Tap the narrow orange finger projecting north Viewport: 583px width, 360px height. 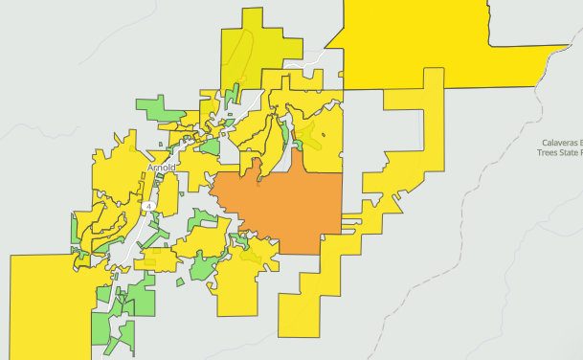(x=257, y=168)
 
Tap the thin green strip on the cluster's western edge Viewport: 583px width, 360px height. (x=74, y=230)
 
